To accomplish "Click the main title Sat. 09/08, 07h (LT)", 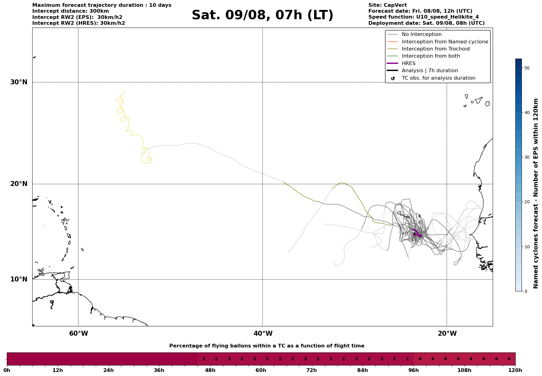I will tap(262, 15).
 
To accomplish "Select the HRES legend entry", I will tap(408, 64).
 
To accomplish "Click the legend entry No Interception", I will tap(421, 34).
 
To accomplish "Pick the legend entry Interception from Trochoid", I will tap(435, 49).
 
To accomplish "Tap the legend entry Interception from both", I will tap(431, 56).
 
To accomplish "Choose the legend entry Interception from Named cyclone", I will tap(445, 42).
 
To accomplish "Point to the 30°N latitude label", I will tap(19, 82).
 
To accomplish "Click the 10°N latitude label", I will tap(19, 279).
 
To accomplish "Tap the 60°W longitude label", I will tap(78, 334).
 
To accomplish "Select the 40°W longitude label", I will tap(263, 334).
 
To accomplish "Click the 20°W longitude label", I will tap(447, 334).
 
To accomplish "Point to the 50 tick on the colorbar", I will tap(526, 68).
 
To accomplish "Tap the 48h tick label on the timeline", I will tap(210, 370).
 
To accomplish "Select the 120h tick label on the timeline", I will tap(515, 370).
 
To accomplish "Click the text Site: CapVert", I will tap(387, 5).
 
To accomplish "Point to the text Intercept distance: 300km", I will tap(70, 11).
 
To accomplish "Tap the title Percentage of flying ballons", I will tap(267, 346).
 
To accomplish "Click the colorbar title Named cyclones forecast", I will tap(536, 193).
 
